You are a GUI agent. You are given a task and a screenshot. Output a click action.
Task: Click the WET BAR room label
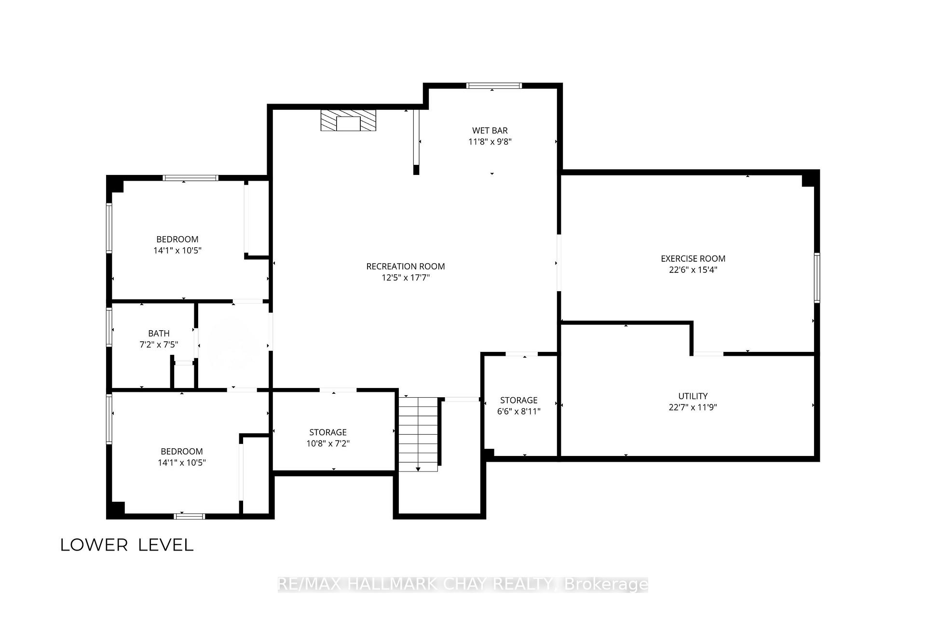pyautogui.click(x=490, y=130)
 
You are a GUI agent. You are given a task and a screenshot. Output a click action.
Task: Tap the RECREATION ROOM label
pyautogui.click(x=406, y=266)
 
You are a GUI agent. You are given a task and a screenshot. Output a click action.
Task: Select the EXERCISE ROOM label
pyautogui.click(x=693, y=258)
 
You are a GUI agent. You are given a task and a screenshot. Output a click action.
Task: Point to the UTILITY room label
pyautogui.click(x=693, y=396)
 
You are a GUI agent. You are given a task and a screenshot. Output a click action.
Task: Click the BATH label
pyautogui.click(x=159, y=333)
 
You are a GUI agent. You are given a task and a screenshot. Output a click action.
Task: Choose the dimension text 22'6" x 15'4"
pyautogui.click(x=693, y=270)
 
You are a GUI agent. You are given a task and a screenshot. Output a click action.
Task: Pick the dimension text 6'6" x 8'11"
pyautogui.click(x=519, y=412)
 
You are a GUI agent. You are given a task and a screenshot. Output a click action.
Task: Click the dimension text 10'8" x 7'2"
pyautogui.click(x=328, y=443)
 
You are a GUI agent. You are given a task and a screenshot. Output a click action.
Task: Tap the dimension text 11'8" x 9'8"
pyautogui.click(x=490, y=142)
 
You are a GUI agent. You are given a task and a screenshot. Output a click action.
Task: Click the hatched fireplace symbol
pyautogui.click(x=348, y=120)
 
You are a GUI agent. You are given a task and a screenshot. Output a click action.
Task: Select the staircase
pyautogui.click(x=418, y=434)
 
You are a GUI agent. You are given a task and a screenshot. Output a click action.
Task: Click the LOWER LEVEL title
pyautogui.click(x=127, y=545)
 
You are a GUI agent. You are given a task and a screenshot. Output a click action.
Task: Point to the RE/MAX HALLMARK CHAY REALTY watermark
pyautogui.click(x=463, y=584)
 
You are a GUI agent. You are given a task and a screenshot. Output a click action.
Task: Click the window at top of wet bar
pyautogui.click(x=494, y=86)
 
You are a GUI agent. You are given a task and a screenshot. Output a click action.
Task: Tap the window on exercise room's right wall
pyautogui.click(x=817, y=278)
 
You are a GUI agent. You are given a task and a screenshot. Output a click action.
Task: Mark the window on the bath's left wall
pyautogui.click(x=109, y=327)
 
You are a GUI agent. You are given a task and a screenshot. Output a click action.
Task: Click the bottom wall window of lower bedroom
pyautogui.click(x=190, y=516)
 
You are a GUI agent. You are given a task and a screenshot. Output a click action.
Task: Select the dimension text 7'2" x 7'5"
pyautogui.click(x=159, y=345)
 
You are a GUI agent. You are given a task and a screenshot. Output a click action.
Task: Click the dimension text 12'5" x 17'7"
pyautogui.click(x=406, y=278)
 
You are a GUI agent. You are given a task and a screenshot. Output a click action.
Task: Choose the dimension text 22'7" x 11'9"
pyautogui.click(x=693, y=407)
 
